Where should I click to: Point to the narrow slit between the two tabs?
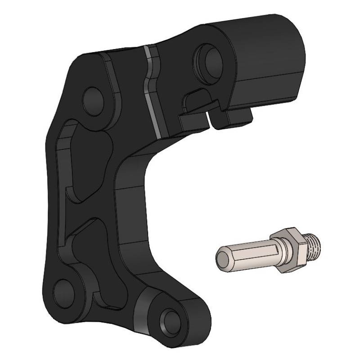tap(211, 118)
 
